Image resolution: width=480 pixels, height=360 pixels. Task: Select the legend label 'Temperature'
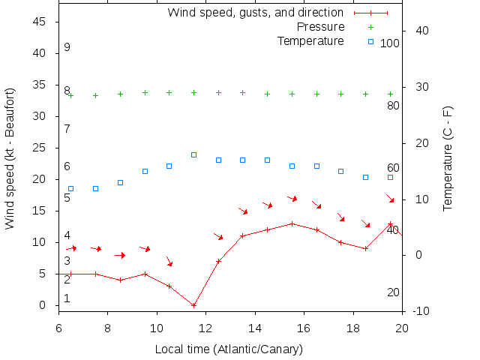tap(310, 40)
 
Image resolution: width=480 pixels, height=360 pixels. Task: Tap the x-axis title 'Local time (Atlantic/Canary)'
tap(229, 349)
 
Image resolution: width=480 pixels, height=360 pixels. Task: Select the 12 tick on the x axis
tap(205, 328)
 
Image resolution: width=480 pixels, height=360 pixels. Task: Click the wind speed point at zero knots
tap(193, 305)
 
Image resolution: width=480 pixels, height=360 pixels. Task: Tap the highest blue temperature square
tap(193, 154)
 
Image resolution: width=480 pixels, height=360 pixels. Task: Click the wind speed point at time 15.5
tap(292, 223)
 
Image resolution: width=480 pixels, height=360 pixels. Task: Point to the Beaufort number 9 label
tap(67, 47)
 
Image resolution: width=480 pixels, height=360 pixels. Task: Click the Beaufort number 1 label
tap(67, 298)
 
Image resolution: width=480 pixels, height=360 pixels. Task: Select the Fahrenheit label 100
tap(390, 43)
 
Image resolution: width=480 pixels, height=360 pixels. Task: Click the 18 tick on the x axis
tap(352, 328)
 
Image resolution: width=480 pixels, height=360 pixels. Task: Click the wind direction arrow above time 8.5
tap(120, 255)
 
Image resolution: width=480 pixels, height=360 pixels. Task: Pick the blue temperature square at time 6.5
tap(70, 188)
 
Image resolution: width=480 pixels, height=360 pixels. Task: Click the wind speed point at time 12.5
tap(218, 261)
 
